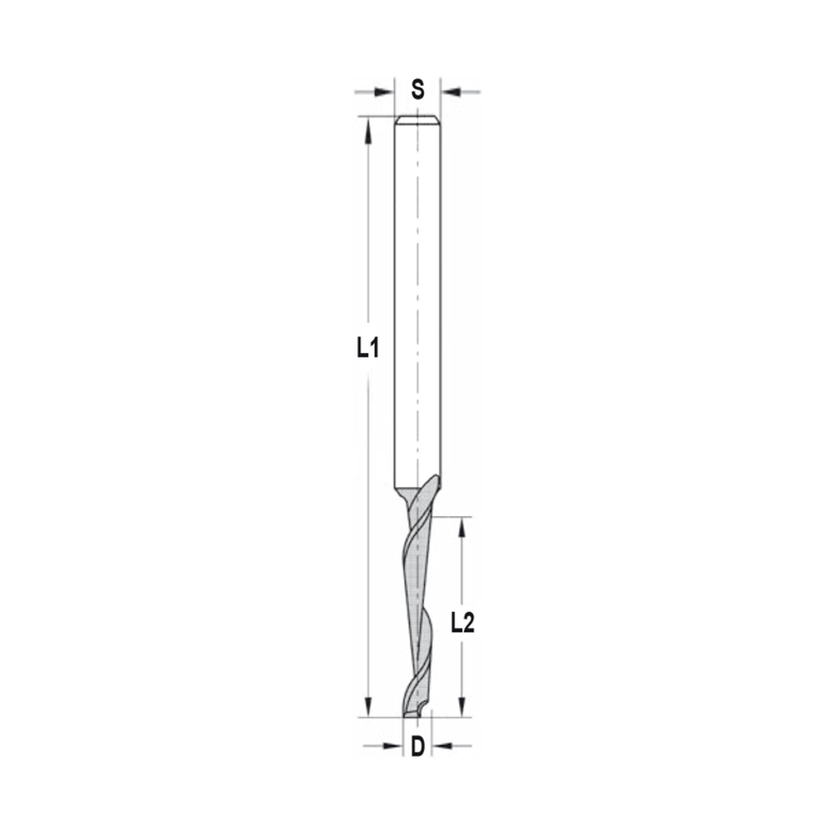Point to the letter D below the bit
coord(417,746)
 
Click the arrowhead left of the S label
coord(385,91)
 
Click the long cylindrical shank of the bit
coord(417,301)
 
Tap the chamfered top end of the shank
coord(417,119)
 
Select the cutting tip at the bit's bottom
coord(415,711)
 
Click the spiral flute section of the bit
coord(419,601)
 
